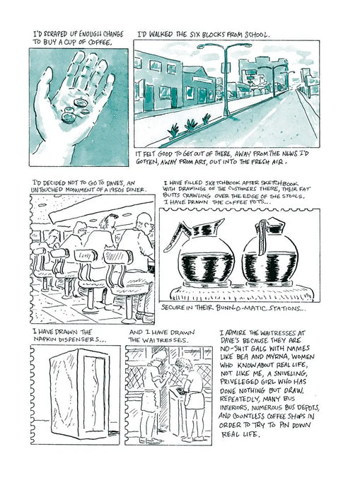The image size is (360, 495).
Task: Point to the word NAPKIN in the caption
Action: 53,341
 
